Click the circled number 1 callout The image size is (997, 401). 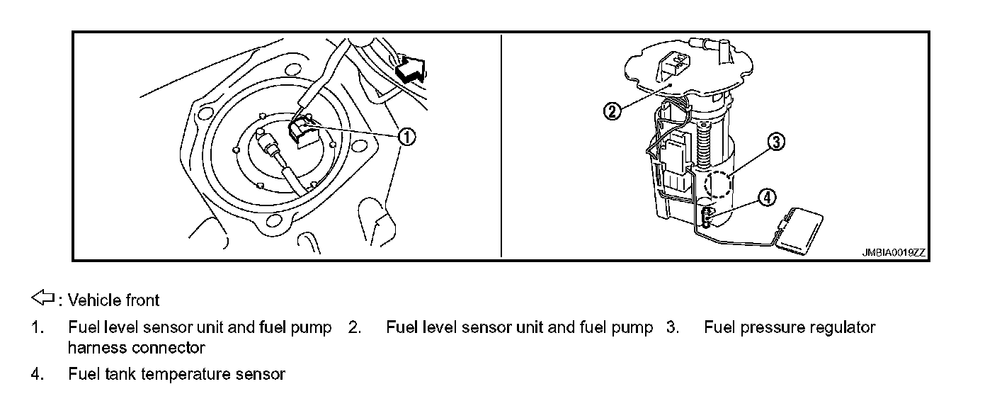point(406,137)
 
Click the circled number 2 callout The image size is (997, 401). point(612,111)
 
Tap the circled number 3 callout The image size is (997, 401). point(775,142)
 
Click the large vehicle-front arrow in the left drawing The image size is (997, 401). point(411,69)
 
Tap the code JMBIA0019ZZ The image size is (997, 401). point(894,252)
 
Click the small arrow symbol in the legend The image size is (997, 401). point(44,298)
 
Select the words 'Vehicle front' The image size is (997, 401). point(113,300)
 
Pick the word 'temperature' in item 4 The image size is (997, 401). point(187,374)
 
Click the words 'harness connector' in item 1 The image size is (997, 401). point(136,348)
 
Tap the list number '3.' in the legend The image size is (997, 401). point(672,327)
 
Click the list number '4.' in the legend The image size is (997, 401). point(38,374)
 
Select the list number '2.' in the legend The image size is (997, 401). point(355,327)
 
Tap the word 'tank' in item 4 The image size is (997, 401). point(122,374)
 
